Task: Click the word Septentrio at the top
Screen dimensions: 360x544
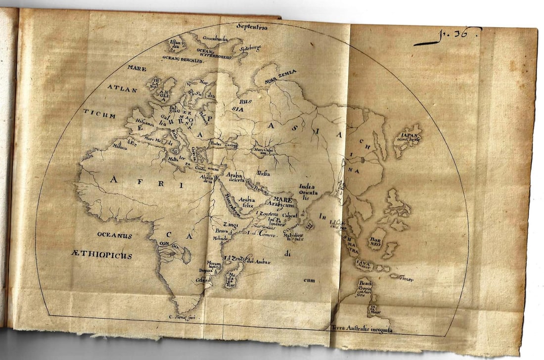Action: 252,27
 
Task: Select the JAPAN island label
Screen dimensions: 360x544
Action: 408,135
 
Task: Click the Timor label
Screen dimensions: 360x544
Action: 405,279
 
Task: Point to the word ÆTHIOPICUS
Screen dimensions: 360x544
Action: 101,255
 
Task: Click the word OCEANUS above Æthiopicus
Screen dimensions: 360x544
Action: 114,236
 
